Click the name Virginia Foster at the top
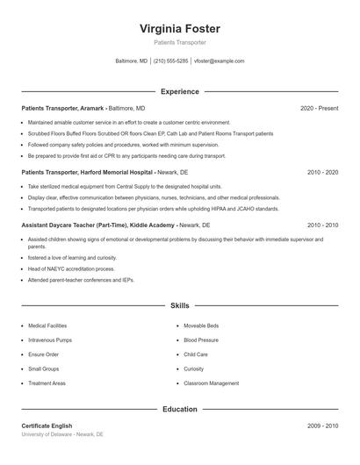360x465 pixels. click(180, 28)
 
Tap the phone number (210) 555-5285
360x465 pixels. click(170, 61)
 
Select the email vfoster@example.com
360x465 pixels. click(220, 61)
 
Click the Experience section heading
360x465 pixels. click(180, 91)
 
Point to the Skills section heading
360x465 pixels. click(180, 305)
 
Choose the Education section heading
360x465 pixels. click(180, 409)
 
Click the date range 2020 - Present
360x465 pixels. click(319, 108)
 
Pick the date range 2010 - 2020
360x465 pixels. click(322, 173)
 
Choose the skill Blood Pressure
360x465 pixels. click(201, 340)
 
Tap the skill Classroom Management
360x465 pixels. click(211, 383)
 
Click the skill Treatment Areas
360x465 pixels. click(47, 383)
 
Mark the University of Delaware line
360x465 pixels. click(62, 434)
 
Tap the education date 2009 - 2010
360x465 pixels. click(322, 426)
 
